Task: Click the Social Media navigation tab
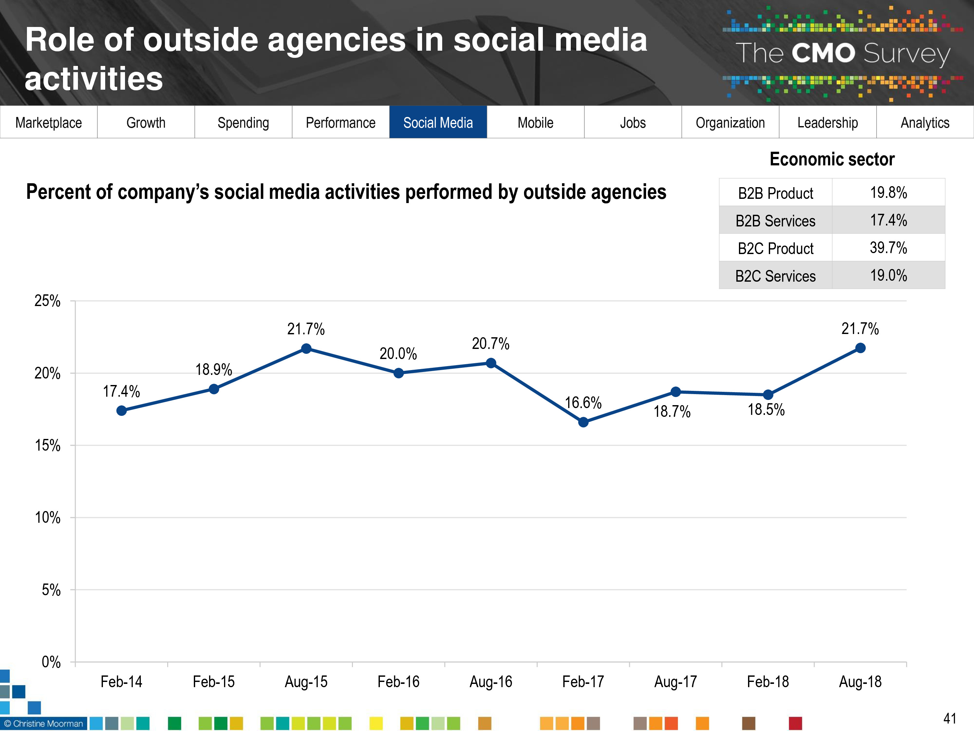(438, 122)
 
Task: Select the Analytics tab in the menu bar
(925, 122)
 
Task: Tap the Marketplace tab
(48, 122)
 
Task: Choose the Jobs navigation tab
(633, 122)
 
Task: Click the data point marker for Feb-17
(583, 422)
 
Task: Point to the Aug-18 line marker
(860, 348)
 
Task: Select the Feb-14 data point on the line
(121, 411)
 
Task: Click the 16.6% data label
(583, 402)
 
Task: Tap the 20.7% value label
(491, 343)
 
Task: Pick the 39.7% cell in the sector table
(888, 248)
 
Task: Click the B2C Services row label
(775, 276)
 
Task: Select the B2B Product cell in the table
(775, 193)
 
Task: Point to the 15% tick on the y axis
(47, 445)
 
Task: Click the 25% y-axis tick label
(47, 301)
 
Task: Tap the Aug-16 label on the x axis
(491, 682)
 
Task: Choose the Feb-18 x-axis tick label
(768, 682)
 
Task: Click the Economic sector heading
(832, 159)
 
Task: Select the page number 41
(950, 718)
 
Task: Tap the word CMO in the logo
(823, 53)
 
